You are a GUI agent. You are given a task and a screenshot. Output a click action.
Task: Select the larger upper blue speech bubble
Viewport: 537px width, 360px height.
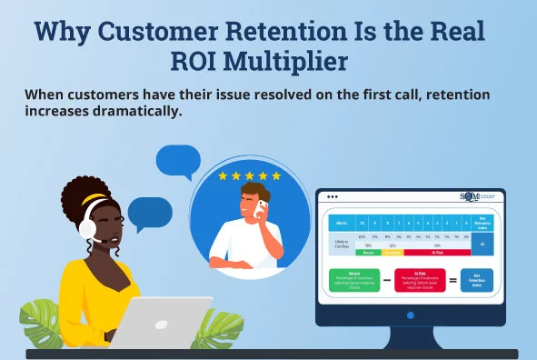tap(177, 161)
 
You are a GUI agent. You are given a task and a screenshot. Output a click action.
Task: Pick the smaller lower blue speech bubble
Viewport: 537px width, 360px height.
tap(149, 215)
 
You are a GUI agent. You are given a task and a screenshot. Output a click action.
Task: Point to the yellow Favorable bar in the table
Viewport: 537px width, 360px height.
tap(393, 252)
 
